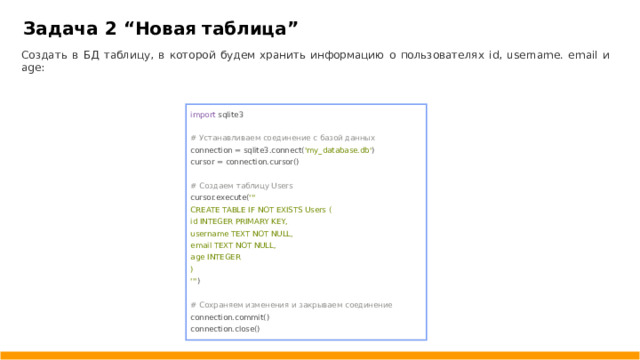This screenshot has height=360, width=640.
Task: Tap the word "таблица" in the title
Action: click(x=255, y=27)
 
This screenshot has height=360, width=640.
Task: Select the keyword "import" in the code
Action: click(x=203, y=115)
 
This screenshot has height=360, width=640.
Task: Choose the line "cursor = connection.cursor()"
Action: click(x=244, y=161)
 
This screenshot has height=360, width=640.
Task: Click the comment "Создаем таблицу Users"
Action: click(x=241, y=185)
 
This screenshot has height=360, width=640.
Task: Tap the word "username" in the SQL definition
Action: click(x=208, y=233)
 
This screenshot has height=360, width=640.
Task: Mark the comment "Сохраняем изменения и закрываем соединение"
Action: click(x=290, y=304)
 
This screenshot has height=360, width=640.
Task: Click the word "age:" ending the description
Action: click(x=32, y=68)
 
